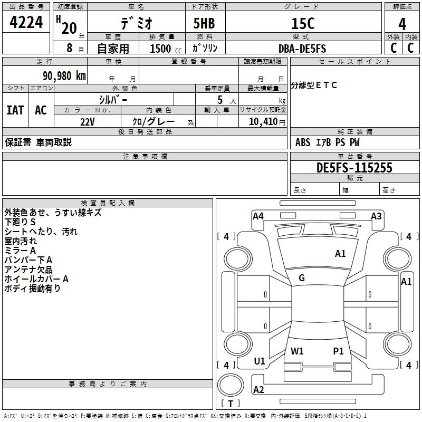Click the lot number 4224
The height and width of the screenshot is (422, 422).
point(26,22)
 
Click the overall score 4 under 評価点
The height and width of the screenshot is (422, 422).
point(402,23)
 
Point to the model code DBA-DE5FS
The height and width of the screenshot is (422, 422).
point(302,49)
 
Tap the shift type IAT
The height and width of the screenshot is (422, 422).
point(15,110)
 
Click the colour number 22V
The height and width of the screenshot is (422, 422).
point(88,121)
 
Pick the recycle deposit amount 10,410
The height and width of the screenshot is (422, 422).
point(262,122)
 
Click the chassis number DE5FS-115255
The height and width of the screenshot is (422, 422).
point(354,168)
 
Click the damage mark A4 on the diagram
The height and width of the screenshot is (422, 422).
point(258,216)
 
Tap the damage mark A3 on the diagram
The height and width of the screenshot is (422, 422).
point(376,216)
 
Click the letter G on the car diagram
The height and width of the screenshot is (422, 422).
point(302,278)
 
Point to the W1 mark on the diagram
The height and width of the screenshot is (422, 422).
point(297,351)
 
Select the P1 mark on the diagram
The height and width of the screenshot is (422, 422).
point(338,351)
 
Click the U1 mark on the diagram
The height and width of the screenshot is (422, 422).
point(260,361)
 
